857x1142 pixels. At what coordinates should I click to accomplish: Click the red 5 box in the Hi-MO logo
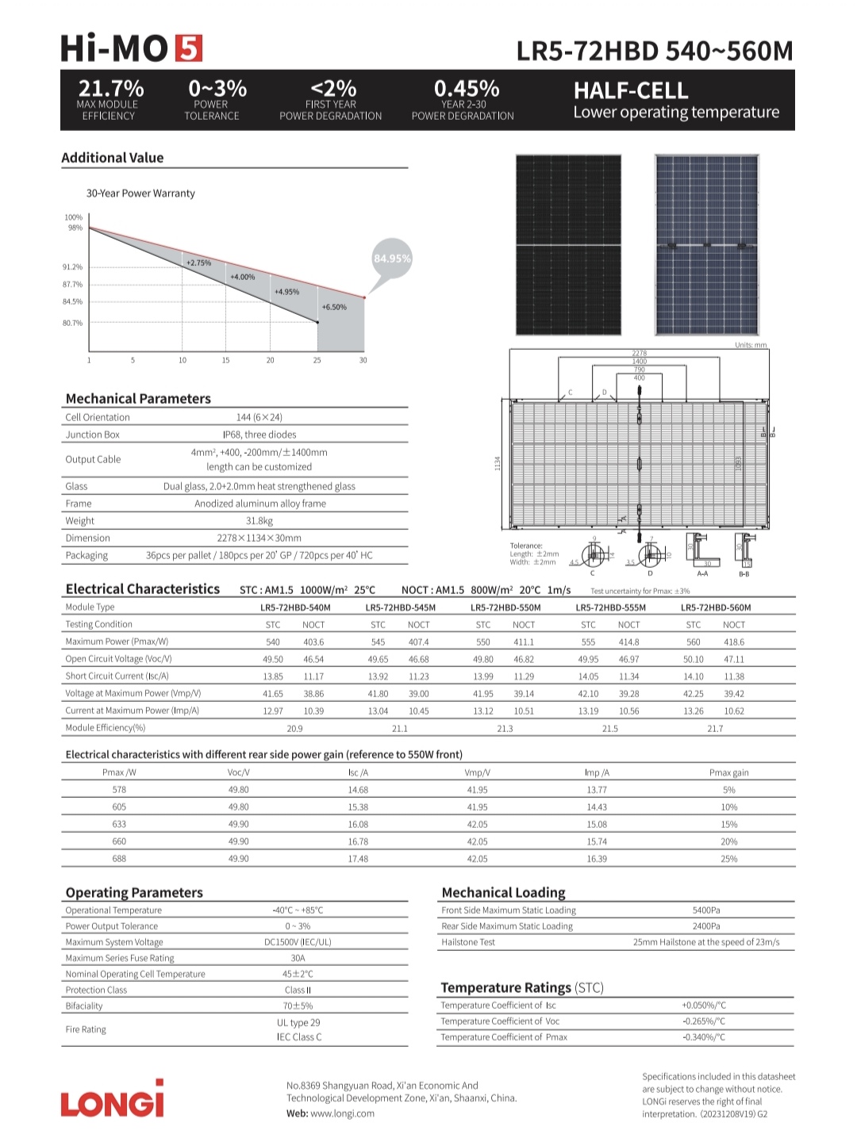(x=189, y=48)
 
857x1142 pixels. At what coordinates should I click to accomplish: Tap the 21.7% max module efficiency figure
(x=110, y=88)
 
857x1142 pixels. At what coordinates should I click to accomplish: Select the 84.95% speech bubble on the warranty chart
(x=392, y=259)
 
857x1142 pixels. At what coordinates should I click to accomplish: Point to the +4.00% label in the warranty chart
(x=242, y=277)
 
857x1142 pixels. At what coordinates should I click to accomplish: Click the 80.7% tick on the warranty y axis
(x=72, y=323)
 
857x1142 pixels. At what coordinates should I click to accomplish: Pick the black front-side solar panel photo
(x=568, y=244)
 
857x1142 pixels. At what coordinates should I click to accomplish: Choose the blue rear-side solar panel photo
(x=705, y=244)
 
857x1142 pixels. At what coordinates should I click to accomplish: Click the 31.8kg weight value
(x=259, y=521)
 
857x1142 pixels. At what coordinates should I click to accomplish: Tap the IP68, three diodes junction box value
(x=259, y=435)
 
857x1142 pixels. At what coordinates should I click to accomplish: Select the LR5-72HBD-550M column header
(x=505, y=607)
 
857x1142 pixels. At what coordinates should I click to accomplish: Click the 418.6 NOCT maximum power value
(x=734, y=642)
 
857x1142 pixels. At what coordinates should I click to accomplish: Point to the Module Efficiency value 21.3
(x=505, y=728)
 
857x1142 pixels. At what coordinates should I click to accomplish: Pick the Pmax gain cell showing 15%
(x=728, y=824)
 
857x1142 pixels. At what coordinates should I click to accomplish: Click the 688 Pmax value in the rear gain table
(x=119, y=859)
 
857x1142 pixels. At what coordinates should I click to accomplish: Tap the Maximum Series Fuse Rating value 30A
(x=298, y=958)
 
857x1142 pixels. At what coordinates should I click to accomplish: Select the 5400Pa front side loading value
(x=706, y=910)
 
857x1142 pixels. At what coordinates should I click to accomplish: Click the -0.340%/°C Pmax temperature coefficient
(x=703, y=1037)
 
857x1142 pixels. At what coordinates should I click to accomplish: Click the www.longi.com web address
(x=342, y=1113)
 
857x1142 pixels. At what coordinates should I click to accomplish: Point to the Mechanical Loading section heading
(x=503, y=892)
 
